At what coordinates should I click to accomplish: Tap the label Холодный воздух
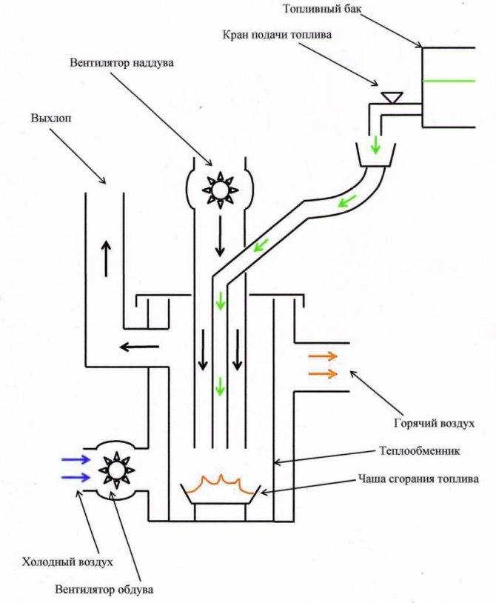pyautogui.click(x=70, y=562)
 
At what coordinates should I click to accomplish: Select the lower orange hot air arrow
pyautogui.click(x=323, y=373)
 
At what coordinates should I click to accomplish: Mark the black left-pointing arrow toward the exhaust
pyautogui.click(x=139, y=345)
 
